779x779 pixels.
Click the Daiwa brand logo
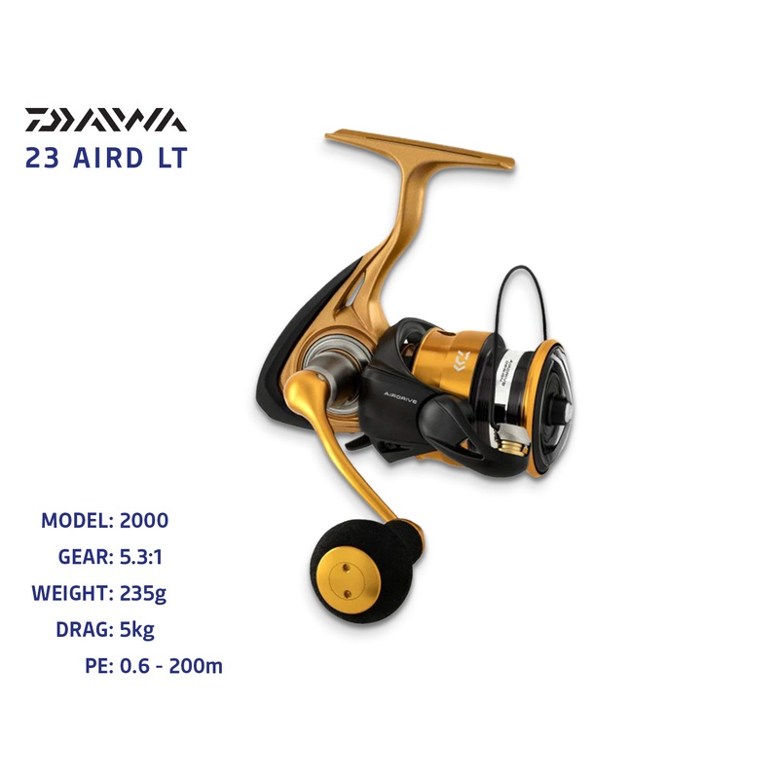click(x=105, y=120)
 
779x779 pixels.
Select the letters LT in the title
click(x=169, y=159)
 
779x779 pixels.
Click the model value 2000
click(x=144, y=520)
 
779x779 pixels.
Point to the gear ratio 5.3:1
click(x=147, y=556)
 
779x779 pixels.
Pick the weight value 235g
click(x=150, y=592)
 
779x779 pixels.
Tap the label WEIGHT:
click(x=70, y=592)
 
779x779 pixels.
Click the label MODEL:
click(x=78, y=520)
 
